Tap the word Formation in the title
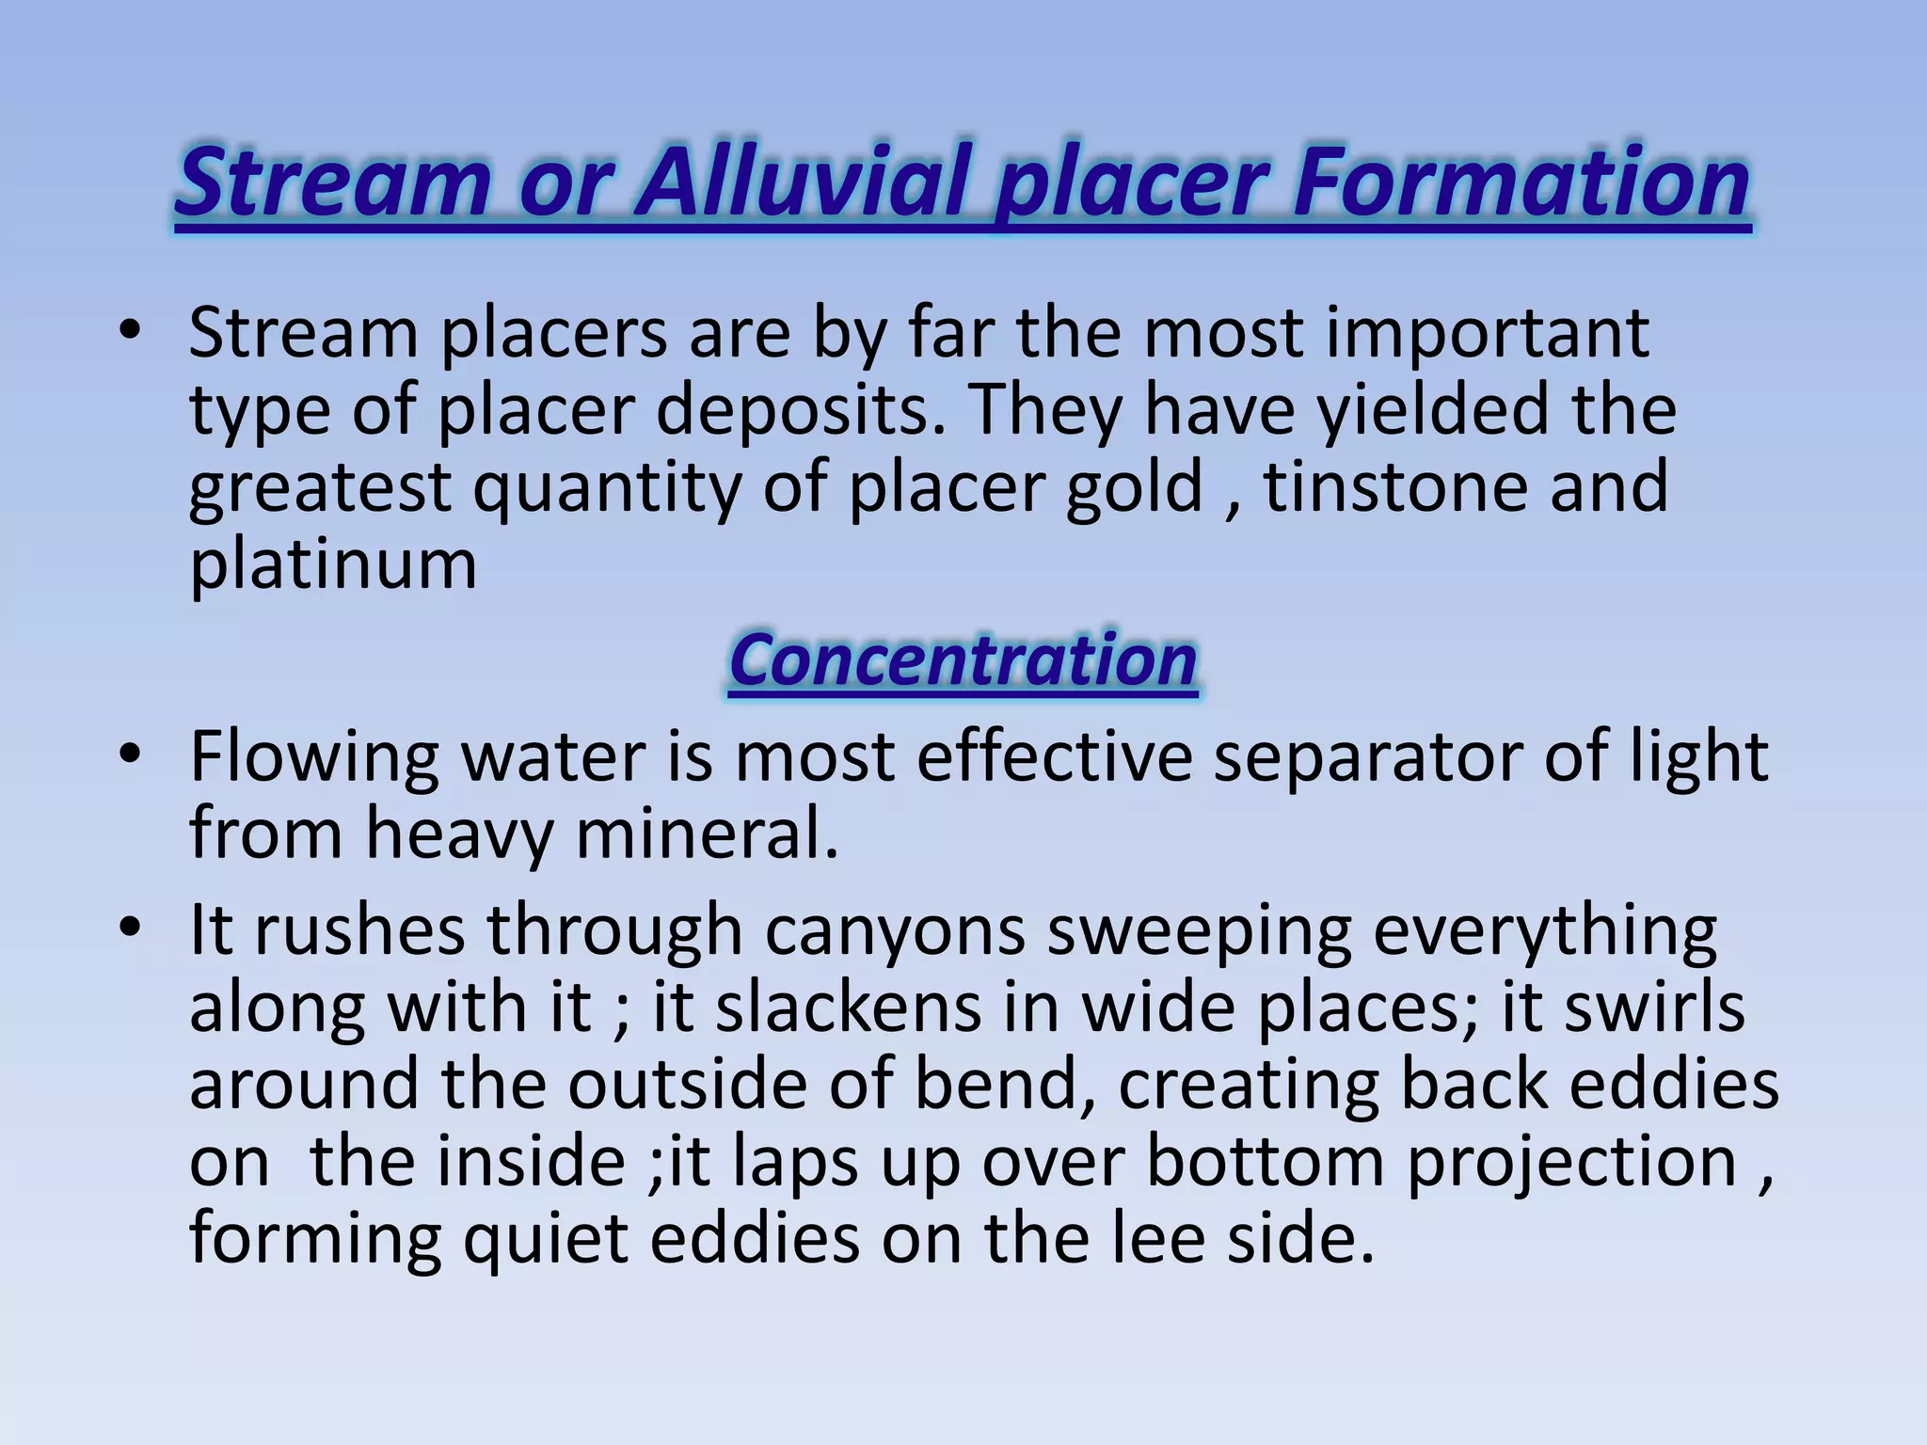click(x=1521, y=181)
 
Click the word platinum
click(x=333, y=564)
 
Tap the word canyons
click(x=894, y=931)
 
